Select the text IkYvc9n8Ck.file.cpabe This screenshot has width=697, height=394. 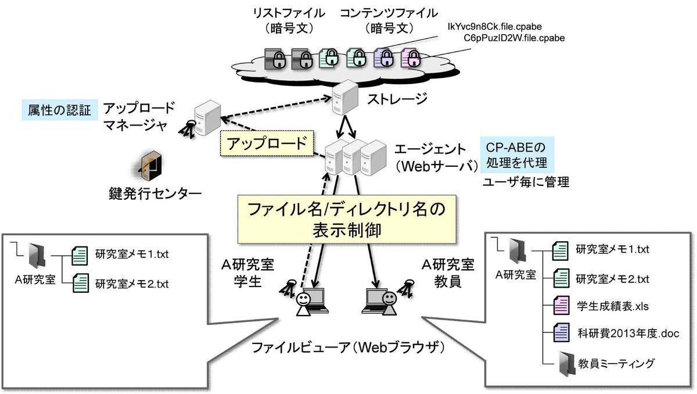(495, 26)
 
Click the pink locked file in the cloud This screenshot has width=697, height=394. (412, 58)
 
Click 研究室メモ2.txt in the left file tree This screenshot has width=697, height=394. (131, 284)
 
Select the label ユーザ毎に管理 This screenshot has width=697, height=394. (526, 182)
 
